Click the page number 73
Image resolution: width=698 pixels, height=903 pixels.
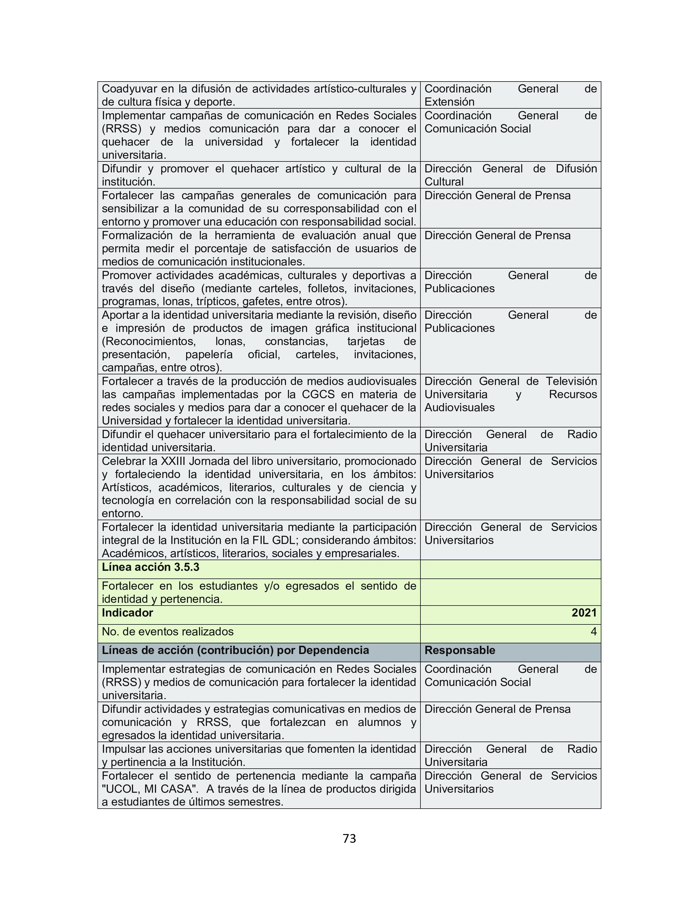(349, 838)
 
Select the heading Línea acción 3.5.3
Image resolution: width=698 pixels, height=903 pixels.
(151, 567)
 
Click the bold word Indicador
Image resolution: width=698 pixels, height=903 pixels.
(127, 613)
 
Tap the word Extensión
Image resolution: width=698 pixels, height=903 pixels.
(449, 102)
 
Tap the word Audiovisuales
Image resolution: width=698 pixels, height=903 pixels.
(459, 408)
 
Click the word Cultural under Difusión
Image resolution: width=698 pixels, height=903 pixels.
(444, 182)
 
